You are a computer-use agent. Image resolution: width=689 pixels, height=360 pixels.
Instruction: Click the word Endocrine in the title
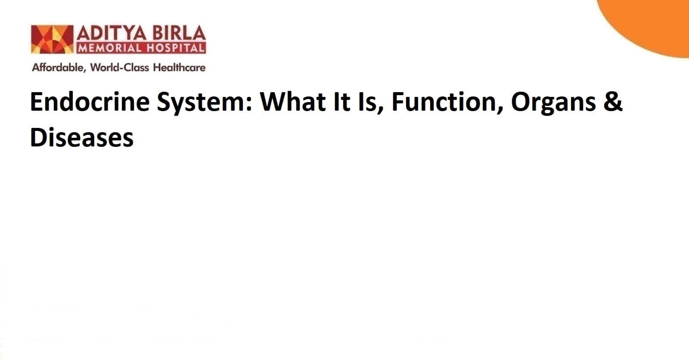90,102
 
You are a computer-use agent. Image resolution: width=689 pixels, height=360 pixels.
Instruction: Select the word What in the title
293,101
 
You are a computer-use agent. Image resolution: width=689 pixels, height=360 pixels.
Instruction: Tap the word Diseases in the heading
82,137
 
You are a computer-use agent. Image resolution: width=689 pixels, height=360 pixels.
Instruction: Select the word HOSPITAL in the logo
175,48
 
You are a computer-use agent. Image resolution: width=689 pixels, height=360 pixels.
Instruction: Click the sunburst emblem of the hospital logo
52,39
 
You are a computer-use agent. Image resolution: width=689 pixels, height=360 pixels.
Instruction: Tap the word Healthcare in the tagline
179,67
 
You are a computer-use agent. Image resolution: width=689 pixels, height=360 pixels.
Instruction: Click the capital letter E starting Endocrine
36,102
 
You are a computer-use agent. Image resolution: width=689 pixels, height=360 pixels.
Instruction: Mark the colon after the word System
249,104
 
